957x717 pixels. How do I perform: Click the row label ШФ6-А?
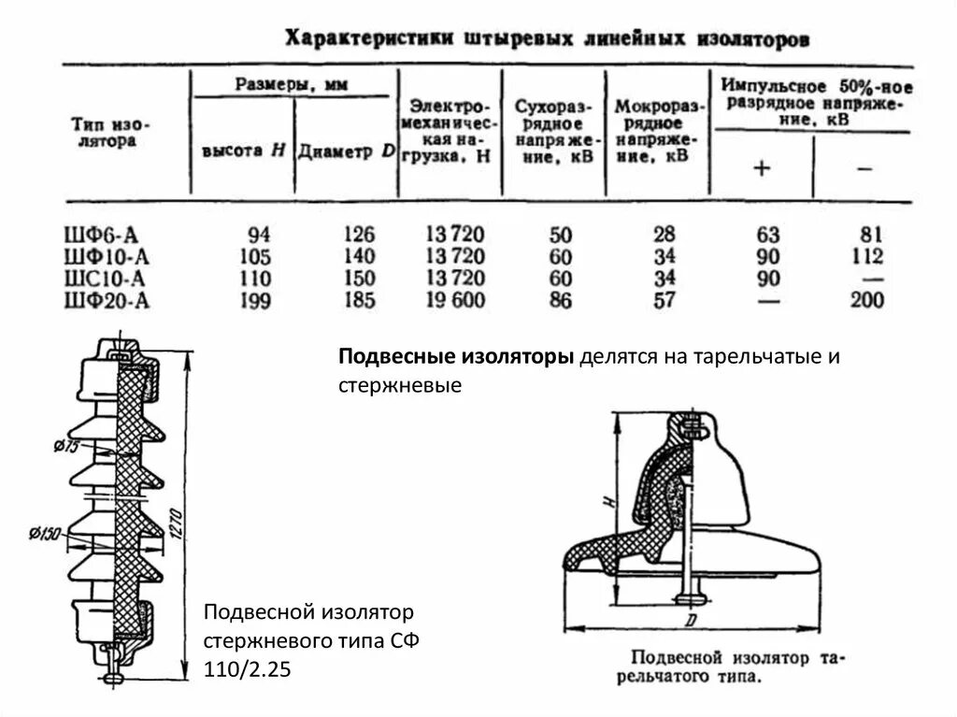(102, 234)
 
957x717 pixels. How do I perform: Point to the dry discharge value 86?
(563, 301)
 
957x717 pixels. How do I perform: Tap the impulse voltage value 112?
(866, 256)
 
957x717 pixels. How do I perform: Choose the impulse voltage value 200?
(866, 301)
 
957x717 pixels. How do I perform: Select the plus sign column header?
(762, 168)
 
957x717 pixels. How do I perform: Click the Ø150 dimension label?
(44, 534)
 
